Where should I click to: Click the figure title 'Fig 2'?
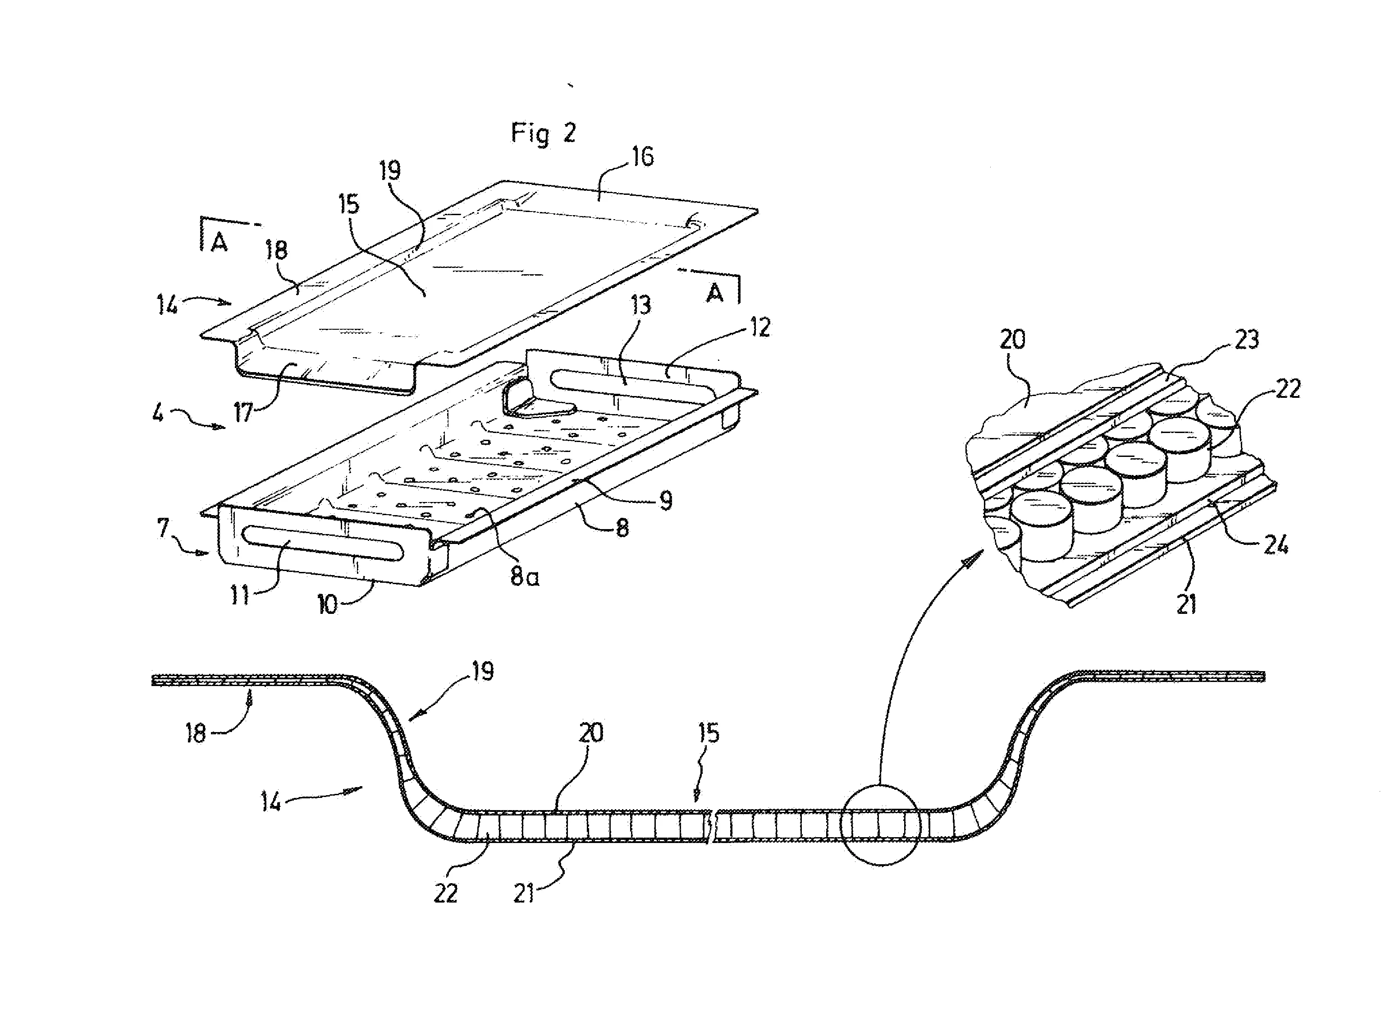click(543, 133)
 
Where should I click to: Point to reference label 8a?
click(525, 576)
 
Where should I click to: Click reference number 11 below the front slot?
click(240, 595)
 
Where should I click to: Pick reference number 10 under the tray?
click(327, 604)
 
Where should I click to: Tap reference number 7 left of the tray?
click(163, 529)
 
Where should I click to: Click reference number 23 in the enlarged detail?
click(1247, 340)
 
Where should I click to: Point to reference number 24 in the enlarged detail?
click(1276, 545)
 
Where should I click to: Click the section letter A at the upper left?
click(219, 242)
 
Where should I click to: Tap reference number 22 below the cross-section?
click(446, 894)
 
